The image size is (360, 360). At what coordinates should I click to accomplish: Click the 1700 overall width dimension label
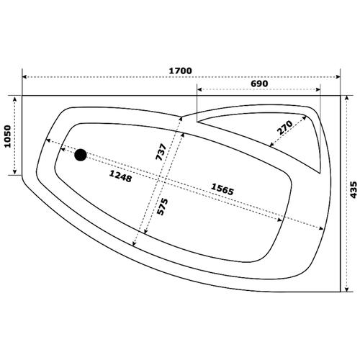point(181,71)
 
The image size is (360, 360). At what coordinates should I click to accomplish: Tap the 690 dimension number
point(259,84)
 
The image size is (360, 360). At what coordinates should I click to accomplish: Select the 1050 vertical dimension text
point(8,136)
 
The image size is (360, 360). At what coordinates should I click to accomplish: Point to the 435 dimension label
point(354,189)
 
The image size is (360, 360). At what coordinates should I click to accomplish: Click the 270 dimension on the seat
point(285,127)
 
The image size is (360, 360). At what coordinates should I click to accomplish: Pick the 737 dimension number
point(161,152)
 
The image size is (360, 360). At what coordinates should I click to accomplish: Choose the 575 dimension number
point(162,207)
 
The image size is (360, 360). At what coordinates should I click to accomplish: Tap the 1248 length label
point(120,176)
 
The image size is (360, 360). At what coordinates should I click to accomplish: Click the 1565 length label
point(222,189)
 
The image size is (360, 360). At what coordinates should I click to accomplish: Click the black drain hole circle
point(81,155)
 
